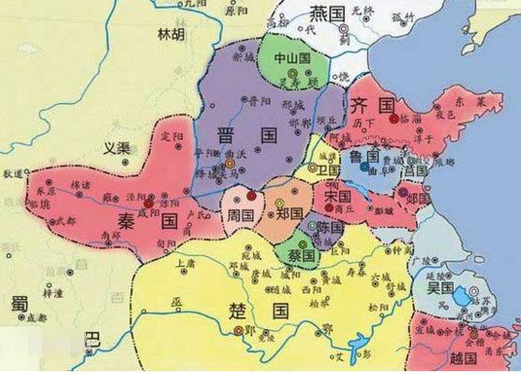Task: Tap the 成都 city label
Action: click(36, 319)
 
